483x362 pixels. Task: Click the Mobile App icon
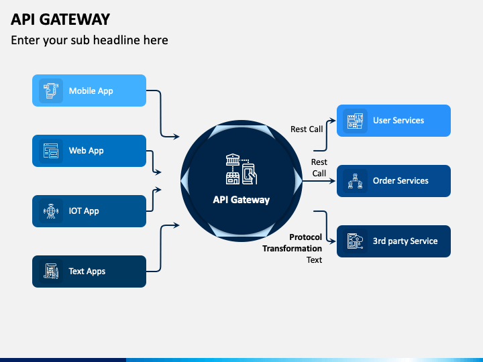[x=51, y=90]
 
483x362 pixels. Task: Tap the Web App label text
[x=87, y=151]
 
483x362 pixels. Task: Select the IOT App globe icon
[x=51, y=211]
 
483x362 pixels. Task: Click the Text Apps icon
[x=51, y=271]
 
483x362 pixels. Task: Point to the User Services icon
[x=355, y=121]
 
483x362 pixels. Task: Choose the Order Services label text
[x=400, y=181]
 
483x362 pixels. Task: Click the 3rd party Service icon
[x=355, y=241]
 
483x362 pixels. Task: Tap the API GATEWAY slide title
[x=60, y=19]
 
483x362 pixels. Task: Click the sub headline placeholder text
[x=89, y=40]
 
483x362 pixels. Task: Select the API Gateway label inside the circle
[x=241, y=200]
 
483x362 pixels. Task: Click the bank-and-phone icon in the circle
[x=241, y=169]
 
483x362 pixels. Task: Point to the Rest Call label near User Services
[x=307, y=129]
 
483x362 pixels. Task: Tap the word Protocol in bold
[x=306, y=237]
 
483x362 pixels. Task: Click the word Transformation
[x=292, y=249]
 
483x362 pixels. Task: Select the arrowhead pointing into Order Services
[x=332, y=181]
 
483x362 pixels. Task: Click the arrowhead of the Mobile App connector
[x=176, y=136]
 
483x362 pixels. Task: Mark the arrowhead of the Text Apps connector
[x=176, y=225]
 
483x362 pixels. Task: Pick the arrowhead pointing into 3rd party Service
[x=332, y=241]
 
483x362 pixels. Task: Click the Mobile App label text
[x=91, y=90]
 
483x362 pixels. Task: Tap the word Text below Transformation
[x=314, y=260]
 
